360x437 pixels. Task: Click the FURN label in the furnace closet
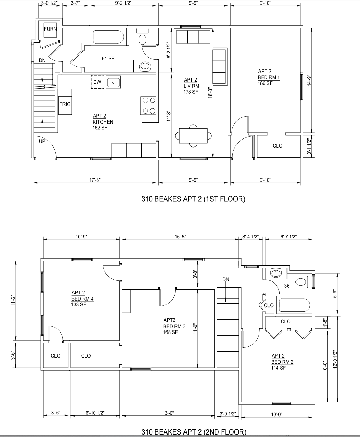(50, 29)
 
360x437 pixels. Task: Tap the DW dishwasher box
(97, 82)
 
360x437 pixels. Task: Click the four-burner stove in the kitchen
(148, 106)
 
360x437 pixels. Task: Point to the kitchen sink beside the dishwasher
(113, 82)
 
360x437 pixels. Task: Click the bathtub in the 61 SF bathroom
(108, 37)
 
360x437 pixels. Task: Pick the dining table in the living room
(193, 136)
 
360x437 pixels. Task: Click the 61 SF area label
(108, 58)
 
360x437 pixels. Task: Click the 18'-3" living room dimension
(210, 93)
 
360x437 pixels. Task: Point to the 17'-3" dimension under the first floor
(95, 180)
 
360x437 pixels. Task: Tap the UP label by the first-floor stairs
(42, 141)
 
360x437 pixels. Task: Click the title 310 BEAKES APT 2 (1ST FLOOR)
(193, 199)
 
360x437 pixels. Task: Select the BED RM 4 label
(82, 299)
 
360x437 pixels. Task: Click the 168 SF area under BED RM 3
(170, 332)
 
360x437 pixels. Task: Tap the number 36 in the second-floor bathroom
(287, 286)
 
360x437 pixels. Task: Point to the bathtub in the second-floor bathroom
(294, 305)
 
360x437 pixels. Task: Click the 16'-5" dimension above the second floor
(180, 237)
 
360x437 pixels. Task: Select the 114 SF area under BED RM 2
(278, 368)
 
